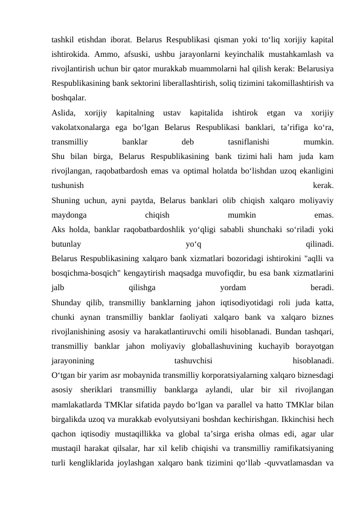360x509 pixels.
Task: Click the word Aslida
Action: (x=64, y=112)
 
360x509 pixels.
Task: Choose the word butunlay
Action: (x=67, y=244)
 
